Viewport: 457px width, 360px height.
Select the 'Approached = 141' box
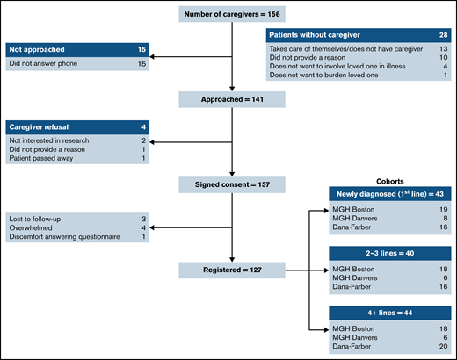coord(232,100)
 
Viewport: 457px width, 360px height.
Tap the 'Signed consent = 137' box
coord(232,184)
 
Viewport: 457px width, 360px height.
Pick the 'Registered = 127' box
coord(232,268)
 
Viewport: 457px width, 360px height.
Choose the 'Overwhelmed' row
coord(35,228)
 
